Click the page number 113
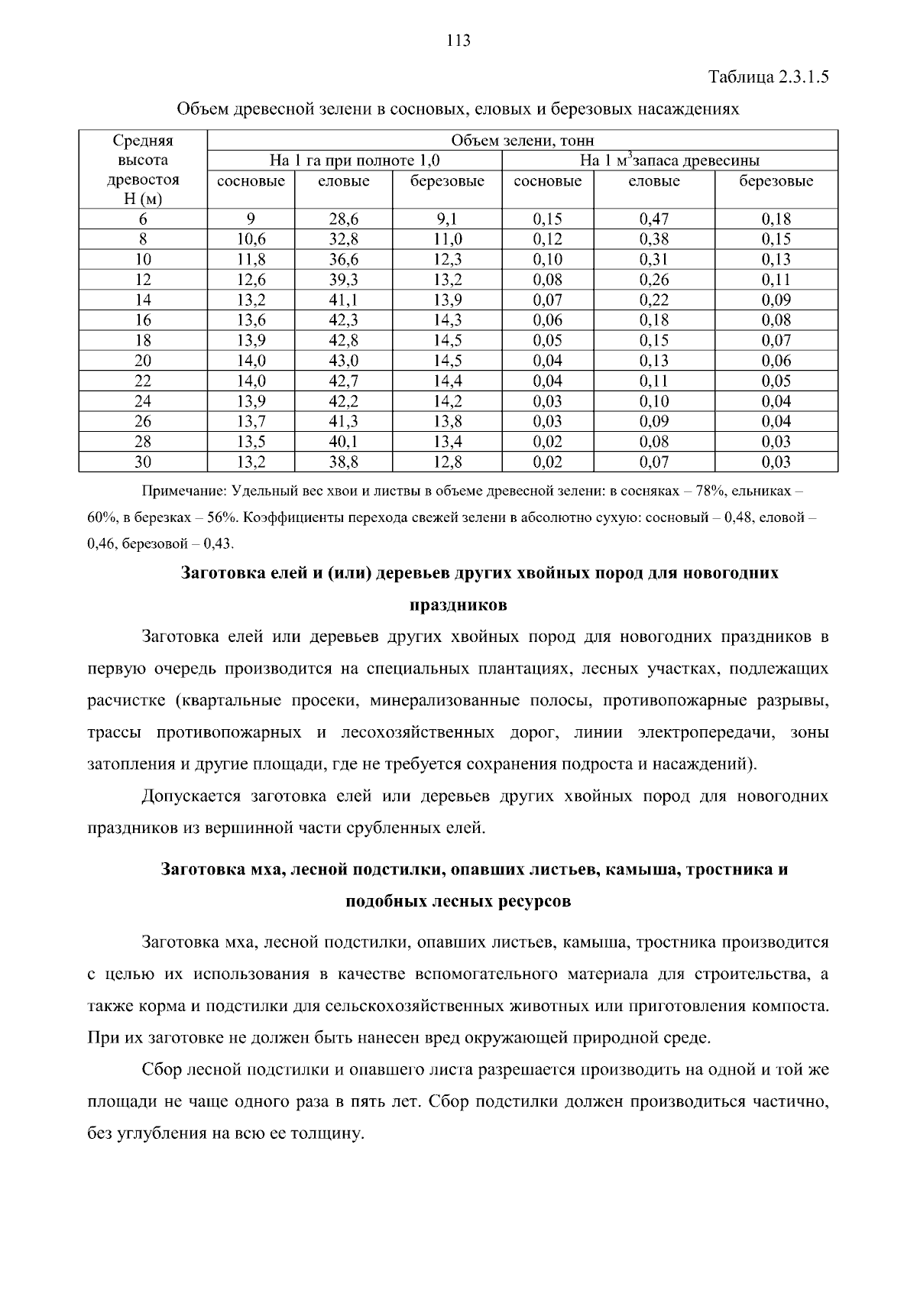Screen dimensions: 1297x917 click(x=458, y=41)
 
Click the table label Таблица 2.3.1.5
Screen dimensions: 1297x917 click(x=769, y=77)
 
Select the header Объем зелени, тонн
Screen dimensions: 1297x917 click(x=523, y=141)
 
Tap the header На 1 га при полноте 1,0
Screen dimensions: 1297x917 click(x=355, y=161)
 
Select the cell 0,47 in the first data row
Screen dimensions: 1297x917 click(x=653, y=219)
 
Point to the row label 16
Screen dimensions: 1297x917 click(x=143, y=320)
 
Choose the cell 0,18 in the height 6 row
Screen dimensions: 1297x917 click(x=776, y=219)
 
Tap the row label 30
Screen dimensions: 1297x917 click(x=143, y=462)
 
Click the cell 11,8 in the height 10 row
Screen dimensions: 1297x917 click(x=251, y=260)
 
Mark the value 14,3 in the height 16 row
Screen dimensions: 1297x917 click(x=447, y=320)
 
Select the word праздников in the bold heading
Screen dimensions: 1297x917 click(x=458, y=605)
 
